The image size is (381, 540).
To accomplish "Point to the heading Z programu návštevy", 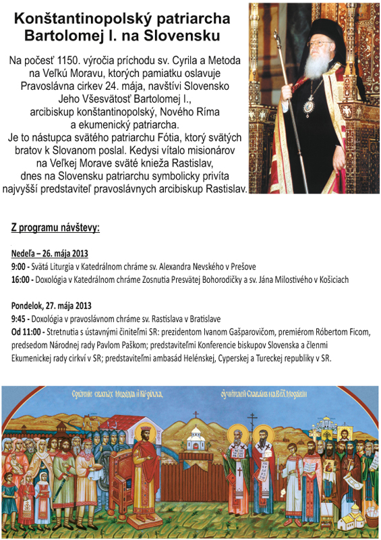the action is tap(55, 227).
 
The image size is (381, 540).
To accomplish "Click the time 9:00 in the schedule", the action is tap(20, 267).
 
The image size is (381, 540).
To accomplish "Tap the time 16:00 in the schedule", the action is tap(22, 279).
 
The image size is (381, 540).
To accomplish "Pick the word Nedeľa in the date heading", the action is tap(26, 254).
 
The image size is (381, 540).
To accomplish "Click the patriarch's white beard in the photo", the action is tap(316, 68).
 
